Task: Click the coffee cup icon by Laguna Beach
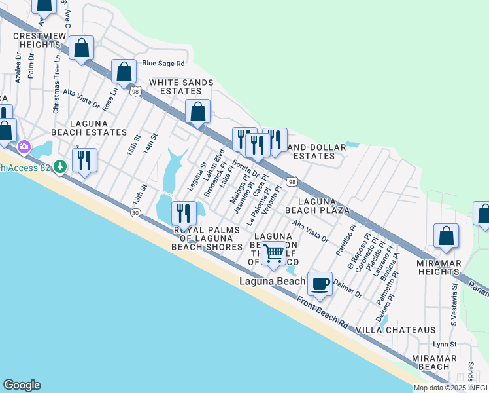coord(320,284)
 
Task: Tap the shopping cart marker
coord(275,252)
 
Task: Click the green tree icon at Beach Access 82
coord(60,168)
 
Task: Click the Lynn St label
coord(445,345)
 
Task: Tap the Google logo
coord(22,385)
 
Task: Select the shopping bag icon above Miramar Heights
coord(446,236)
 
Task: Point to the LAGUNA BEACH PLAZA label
coord(323,206)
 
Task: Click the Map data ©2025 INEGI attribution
coord(450,388)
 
